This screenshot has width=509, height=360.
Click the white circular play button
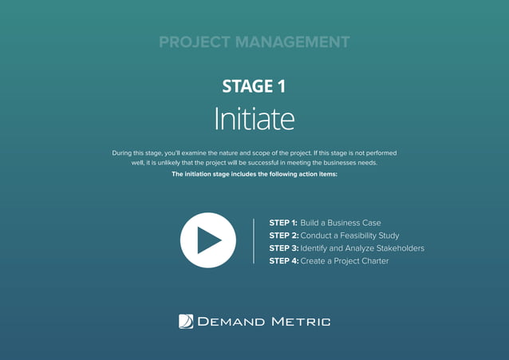[208, 240]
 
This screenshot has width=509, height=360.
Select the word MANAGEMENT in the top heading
[295, 42]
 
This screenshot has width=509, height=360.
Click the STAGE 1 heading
[254, 87]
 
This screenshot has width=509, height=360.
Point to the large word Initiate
[254, 120]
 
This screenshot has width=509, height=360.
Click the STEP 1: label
[283, 223]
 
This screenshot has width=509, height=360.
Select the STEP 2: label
[283, 235]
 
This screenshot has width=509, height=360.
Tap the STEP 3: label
[283, 248]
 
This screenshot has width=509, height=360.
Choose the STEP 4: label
[283, 261]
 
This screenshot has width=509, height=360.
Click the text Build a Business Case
[341, 223]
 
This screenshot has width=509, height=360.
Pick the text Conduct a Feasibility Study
[349, 235]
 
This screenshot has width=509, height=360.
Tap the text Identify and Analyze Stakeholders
[362, 248]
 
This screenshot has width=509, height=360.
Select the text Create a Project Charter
[345, 261]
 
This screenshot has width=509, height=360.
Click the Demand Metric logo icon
[186, 322]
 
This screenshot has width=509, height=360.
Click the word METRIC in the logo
[301, 322]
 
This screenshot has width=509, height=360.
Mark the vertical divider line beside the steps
[253, 241]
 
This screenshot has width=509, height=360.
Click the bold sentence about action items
[254, 173]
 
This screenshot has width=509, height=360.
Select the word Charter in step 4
[372, 261]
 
